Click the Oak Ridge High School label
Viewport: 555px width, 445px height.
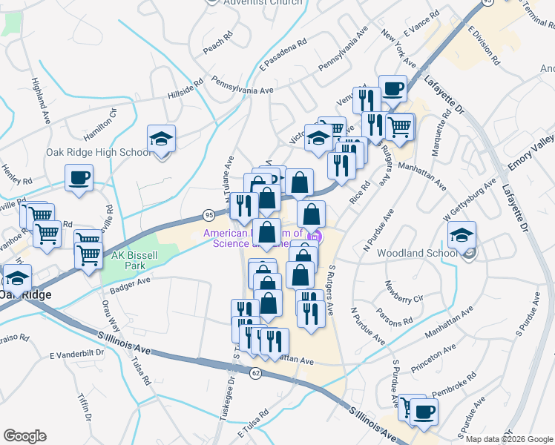coord(98,153)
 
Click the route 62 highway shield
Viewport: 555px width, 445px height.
coord(256,372)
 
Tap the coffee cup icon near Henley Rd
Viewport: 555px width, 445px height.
coord(79,178)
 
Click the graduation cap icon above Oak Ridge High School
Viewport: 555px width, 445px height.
coord(161,139)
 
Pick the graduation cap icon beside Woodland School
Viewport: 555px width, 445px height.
coord(462,236)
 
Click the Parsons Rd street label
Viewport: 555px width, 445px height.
coord(393,317)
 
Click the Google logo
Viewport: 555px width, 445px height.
coord(24,436)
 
